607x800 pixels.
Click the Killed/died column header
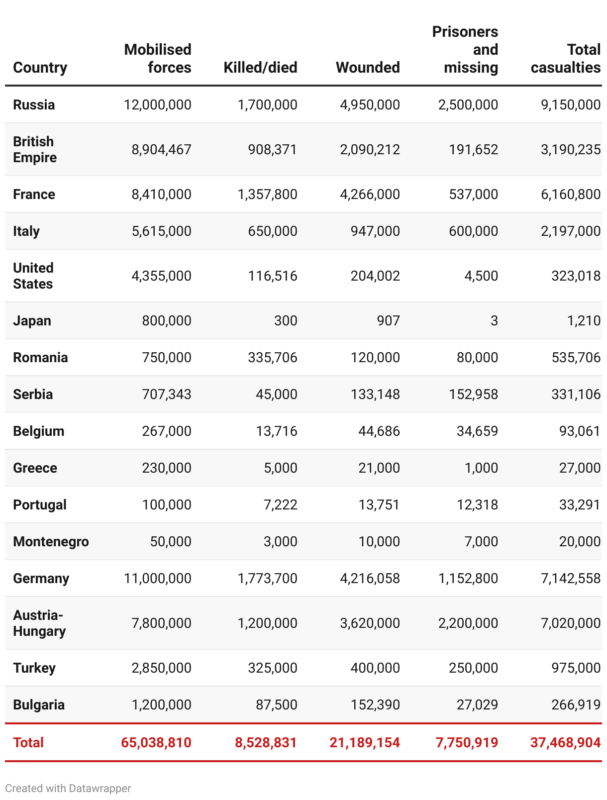[x=260, y=67]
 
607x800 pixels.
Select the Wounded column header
[x=368, y=67]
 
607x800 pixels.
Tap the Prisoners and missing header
[x=465, y=50]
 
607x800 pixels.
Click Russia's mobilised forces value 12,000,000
[x=158, y=104]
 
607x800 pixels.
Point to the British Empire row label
[x=35, y=149]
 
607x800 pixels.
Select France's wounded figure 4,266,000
[x=370, y=194]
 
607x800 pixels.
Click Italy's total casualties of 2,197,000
[x=571, y=231]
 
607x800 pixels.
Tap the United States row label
[x=33, y=276]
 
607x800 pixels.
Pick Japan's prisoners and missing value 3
[x=494, y=320]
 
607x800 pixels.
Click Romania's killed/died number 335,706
[x=273, y=357]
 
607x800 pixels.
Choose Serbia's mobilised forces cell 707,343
[x=167, y=394]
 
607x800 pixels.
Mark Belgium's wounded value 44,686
[x=379, y=431]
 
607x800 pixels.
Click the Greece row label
[x=35, y=468]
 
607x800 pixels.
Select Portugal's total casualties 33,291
[x=580, y=504]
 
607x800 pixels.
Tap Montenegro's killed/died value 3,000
[x=281, y=541]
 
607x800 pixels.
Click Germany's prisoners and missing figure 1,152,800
[x=468, y=578]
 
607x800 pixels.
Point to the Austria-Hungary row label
[x=39, y=623]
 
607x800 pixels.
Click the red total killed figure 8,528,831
[x=266, y=743]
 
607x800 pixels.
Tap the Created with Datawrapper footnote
[x=68, y=788]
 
